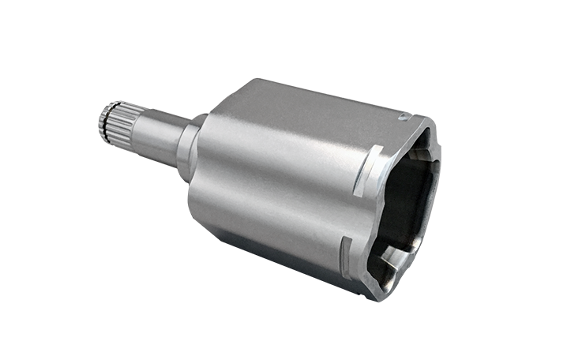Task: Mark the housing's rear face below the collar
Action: (198, 197)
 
